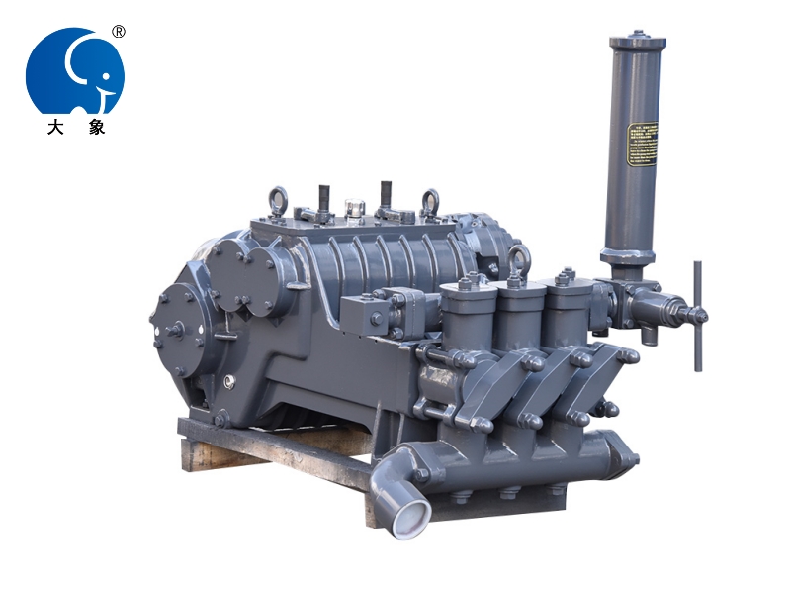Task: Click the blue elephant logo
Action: pyautogui.click(x=74, y=71)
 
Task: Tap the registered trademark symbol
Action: pyautogui.click(x=119, y=32)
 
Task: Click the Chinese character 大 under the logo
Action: pyautogui.click(x=53, y=127)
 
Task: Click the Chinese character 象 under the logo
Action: pyautogui.click(x=96, y=127)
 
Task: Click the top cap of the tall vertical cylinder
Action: pyautogui.click(x=637, y=42)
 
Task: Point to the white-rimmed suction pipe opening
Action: pyautogui.click(x=408, y=519)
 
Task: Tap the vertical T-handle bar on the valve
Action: pyautogui.click(x=697, y=315)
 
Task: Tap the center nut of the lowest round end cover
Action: pyautogui.click(x=176, y=330)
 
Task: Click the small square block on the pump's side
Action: pyautogui.click(x=377, y=318)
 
